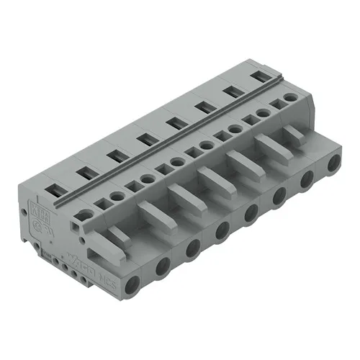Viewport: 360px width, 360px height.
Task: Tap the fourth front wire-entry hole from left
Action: tap(222, 230)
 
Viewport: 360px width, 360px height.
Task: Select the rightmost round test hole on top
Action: tap(291, 96)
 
